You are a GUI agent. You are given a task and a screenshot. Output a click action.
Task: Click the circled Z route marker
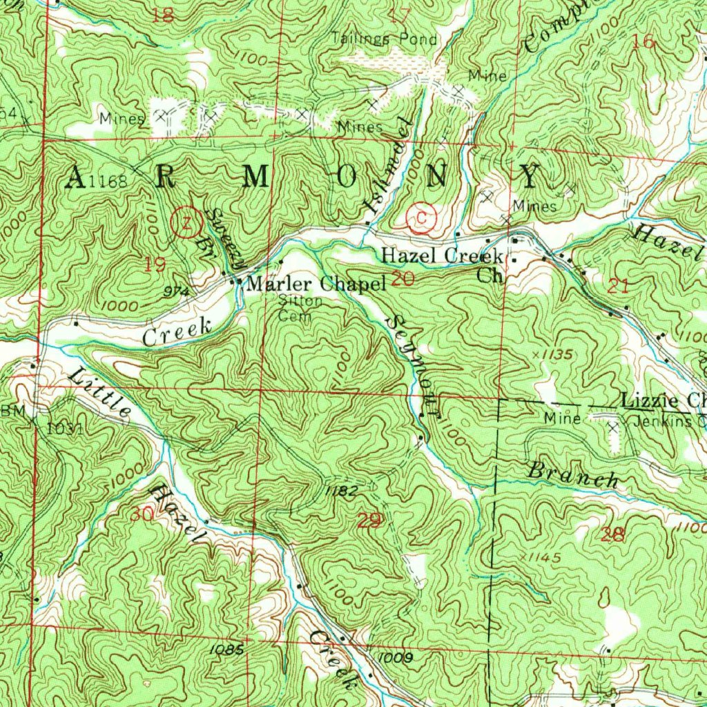pyautogui.click(x=186, y=222)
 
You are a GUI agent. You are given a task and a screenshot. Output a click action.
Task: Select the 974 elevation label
pyautogui.click(x=177, y=291)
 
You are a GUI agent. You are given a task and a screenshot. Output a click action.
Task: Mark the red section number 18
pyautogui.click(x=163, y=15)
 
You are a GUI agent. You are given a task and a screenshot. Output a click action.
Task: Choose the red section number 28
pyautogui.click(x=612, y=534)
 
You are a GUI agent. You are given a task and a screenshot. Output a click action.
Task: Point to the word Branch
pyautogui.click(x=572, y=476)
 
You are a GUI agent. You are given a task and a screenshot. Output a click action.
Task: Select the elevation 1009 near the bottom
pyautogui.click(x=396, y=658)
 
